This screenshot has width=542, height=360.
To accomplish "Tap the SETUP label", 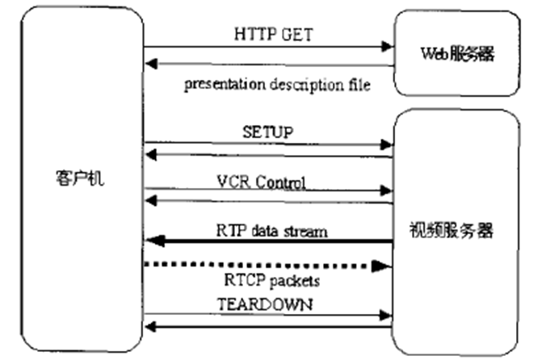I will (267, 131).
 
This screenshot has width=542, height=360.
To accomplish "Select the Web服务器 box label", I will (456, 54).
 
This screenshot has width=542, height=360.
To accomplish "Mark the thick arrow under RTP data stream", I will (267, 241).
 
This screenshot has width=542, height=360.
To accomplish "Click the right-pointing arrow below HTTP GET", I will (267, 47).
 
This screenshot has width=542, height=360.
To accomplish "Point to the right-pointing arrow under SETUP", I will (267, 144).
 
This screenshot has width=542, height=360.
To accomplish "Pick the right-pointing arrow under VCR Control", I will (267, 191).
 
